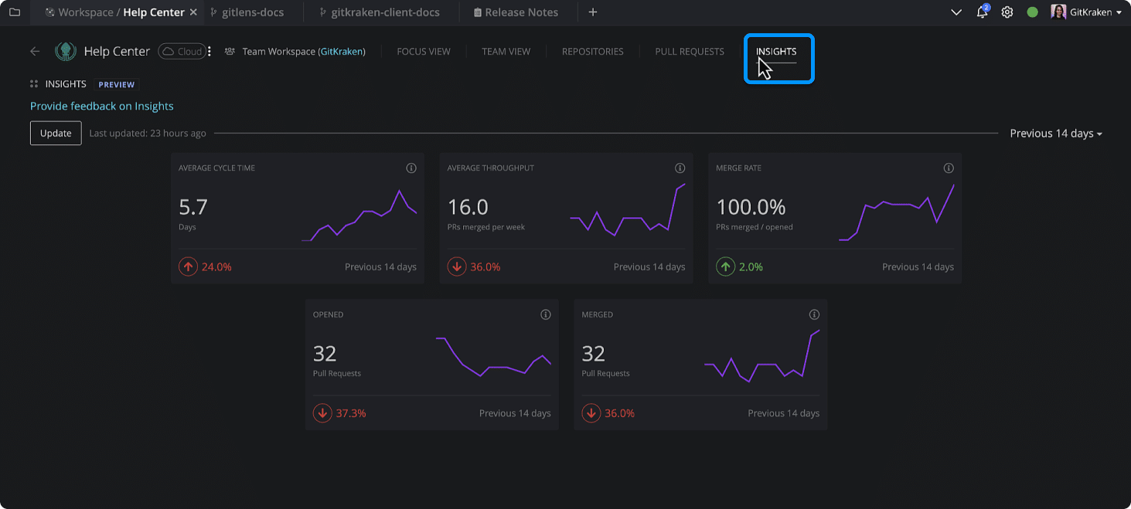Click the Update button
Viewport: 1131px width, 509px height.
56,133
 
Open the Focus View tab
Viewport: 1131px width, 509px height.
423,52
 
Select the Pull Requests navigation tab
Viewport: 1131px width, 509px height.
689,52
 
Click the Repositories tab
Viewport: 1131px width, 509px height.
592,52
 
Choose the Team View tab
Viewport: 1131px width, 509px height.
506,52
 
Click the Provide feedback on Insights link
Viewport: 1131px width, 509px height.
101,106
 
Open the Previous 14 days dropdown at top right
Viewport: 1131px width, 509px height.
1055,133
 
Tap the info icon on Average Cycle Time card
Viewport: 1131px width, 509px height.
411,168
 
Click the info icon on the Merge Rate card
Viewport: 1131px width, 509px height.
949,168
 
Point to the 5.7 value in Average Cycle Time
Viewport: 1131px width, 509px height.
193,207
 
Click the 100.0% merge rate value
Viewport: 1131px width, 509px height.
751,207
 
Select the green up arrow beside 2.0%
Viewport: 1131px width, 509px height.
725,266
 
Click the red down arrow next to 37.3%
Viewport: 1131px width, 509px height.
322,413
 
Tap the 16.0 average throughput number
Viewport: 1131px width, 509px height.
468,207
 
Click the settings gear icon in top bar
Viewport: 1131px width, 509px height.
1007,12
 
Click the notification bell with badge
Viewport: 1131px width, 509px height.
982,12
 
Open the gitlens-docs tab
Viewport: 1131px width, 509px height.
252,12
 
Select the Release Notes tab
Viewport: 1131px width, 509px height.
521,12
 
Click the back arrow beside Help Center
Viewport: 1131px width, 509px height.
35,52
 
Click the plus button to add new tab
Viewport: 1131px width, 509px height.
592,12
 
